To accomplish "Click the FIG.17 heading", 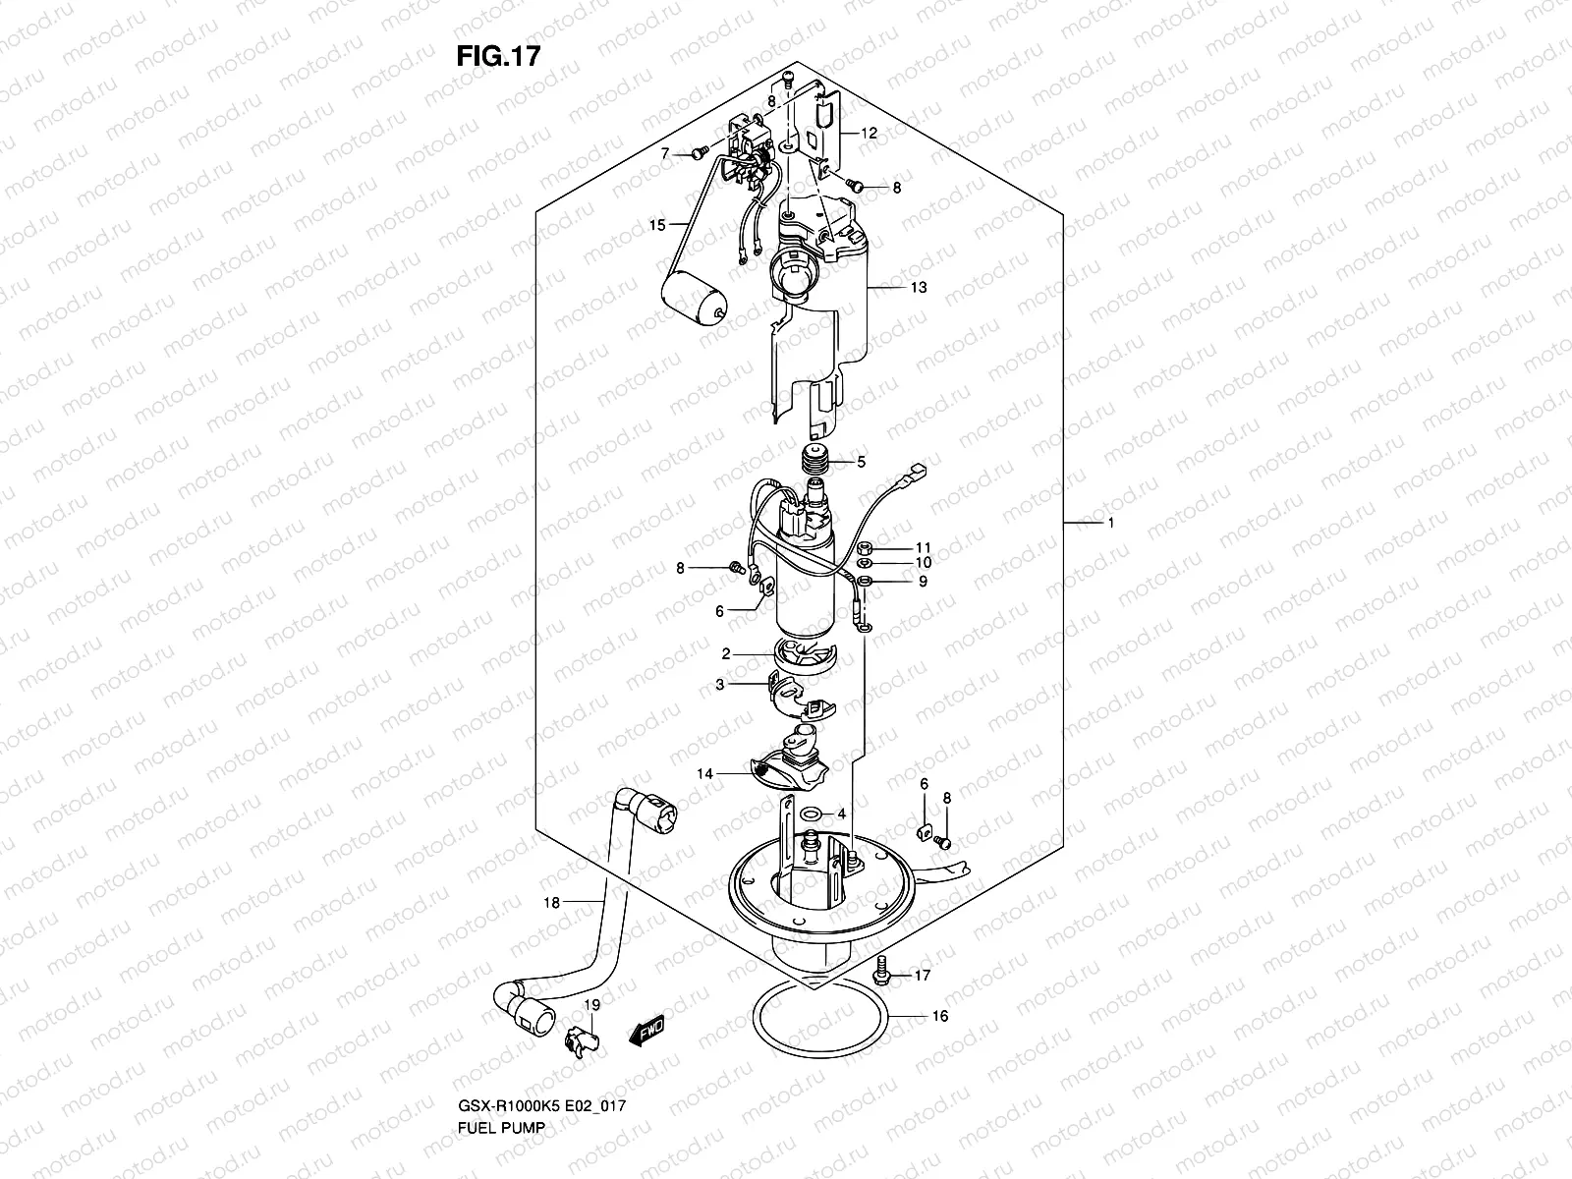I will [x=498, y=56].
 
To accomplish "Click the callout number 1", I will [x=1110, y=524].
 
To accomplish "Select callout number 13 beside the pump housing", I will [x=918, y=288].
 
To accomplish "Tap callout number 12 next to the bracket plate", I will [x=870, y=133].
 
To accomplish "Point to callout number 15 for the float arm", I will [x=657, y=226].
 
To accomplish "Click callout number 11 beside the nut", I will [x=923, y=547].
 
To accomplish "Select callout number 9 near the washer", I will [x=923, y=581].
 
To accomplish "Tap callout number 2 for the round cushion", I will [x=725, y=653].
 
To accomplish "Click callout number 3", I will [x=720, y=685].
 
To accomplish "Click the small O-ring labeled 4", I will [x=812, y=814].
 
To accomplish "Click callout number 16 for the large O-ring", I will [x=939, y=1016].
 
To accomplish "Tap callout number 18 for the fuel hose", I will [x=552, y=902].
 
